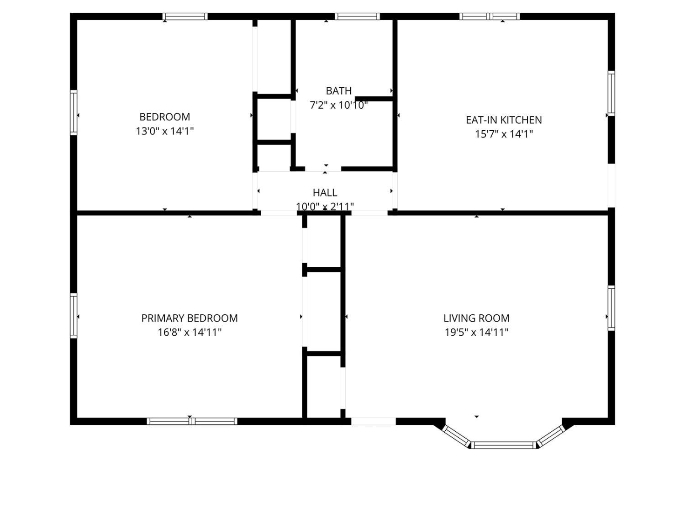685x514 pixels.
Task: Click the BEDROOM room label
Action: [x=164, y=117]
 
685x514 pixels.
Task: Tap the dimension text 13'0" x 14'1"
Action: [x=164, y=131]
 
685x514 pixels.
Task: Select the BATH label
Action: [x=338, y=91]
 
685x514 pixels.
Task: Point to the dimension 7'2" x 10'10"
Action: [x=338, y=105]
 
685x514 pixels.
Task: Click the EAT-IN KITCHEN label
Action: [x=504, y=120]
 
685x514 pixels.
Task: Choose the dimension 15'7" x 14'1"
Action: [x=504, y=134]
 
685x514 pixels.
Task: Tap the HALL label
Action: [x=325, y=192]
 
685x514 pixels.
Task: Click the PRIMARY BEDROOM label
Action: [x=190, y=318]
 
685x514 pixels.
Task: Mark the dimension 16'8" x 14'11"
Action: [x=190, y=332]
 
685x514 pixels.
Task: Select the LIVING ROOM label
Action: [x=477, y=318]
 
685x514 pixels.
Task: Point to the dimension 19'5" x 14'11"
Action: [x=477, y=332]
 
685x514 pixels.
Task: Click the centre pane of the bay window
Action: [x=503, y=445]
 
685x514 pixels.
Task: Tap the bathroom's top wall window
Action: [x=357, y=16]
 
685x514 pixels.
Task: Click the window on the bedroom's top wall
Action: [x=185, y=16]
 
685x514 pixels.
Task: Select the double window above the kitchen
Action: [x=490, y=16]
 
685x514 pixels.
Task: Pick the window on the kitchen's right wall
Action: [x=611, y=93]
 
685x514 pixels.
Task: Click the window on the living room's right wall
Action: [x=611, y=308]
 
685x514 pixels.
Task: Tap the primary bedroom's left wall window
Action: [x=74, y=316]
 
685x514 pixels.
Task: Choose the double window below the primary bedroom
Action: [x=192, y=421]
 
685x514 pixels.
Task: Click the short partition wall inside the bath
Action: [x=374, y=99]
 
